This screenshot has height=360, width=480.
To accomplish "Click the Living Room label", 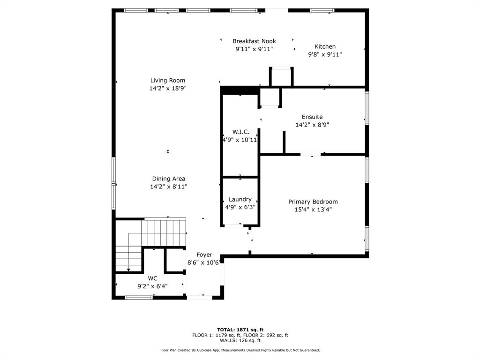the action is (x=167, y=81).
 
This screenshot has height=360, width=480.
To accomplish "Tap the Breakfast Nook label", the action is (x=254, y=41).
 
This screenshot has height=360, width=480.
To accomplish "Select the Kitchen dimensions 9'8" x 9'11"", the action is (x=325, y=54).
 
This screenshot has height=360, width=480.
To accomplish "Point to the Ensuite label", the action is (x=312, y=117).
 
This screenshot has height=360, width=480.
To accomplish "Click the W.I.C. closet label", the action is (x=240, y=132).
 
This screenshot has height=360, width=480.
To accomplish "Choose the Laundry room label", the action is (x=240, y=200).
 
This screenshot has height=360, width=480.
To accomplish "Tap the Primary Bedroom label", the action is (x=313, y=202).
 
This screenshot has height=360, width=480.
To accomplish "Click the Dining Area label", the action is (x=168, y=179).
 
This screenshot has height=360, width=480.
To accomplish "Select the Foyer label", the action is (x=204, y=255).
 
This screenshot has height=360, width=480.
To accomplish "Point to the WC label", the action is (x=152, y=278).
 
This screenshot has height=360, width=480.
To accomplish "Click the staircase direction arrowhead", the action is (x=128, y=270).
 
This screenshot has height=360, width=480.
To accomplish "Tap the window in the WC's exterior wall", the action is (x=139, y=297).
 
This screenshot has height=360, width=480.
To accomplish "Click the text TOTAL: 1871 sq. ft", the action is (x=240, y=330).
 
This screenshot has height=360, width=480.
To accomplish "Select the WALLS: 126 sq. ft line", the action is (x=240, y=340).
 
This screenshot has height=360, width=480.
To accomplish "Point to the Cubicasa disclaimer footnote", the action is (x=240, y=350).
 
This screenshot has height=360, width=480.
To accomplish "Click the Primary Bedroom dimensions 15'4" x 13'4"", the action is (x=313, y=210).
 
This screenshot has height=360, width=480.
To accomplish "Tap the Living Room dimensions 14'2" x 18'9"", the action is (x=168, y=89).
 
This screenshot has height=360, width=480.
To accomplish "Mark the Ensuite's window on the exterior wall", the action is (x=367, y=108).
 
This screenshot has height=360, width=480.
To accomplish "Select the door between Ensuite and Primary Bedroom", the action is (x=310, y=155).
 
